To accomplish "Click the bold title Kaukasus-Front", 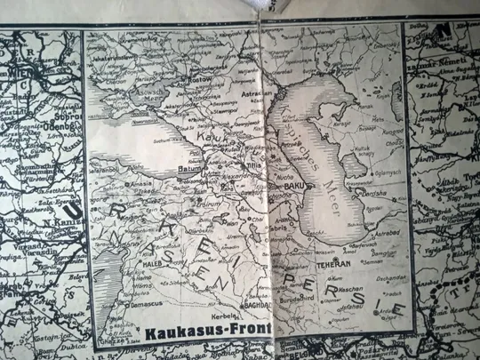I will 203,333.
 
